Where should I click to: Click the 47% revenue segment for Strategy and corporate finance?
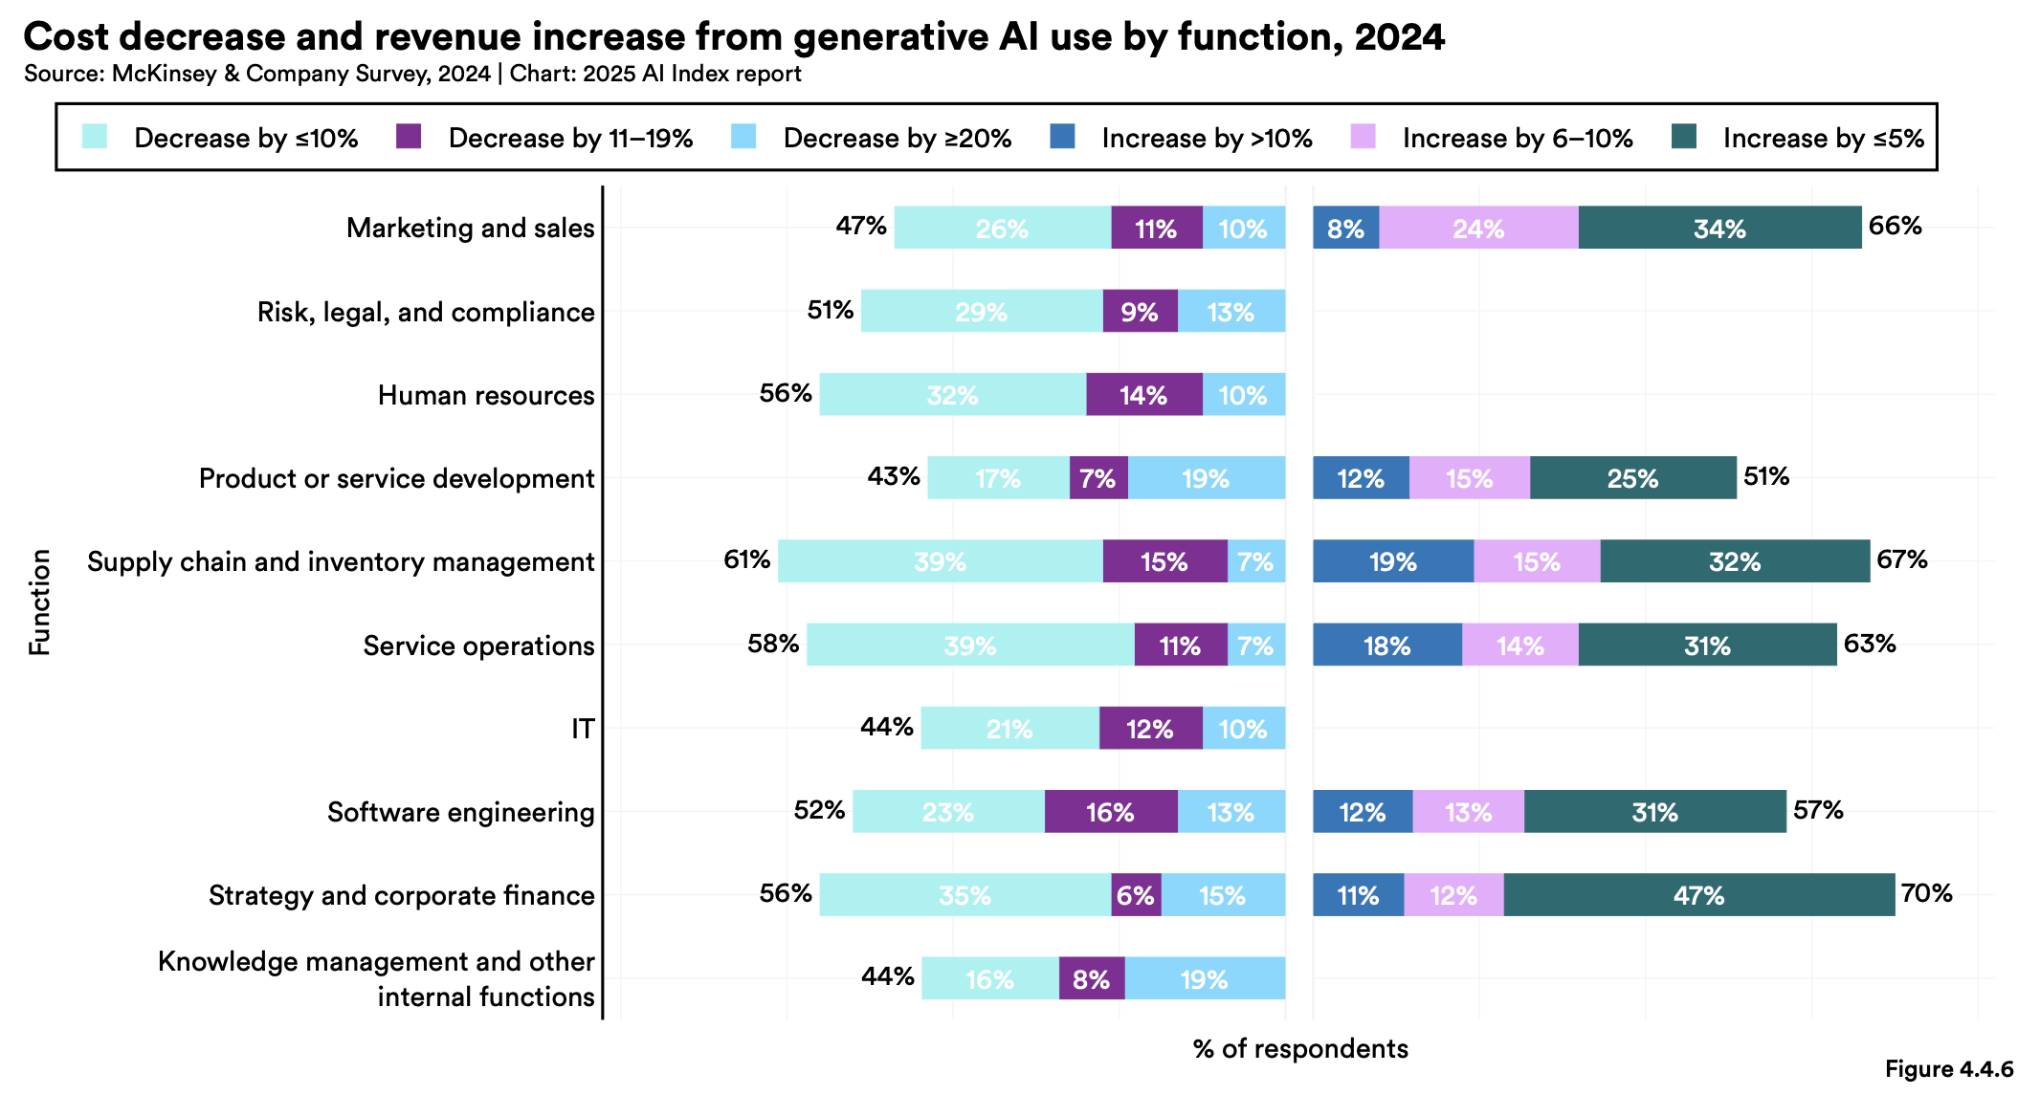(x=1698, y=895)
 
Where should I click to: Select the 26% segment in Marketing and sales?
(x=1002, y=228)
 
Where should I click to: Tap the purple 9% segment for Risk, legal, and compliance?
(x=1140, y=312)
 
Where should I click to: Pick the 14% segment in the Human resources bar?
(x=1143, y=395)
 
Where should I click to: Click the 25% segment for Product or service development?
(x=1632, y=478)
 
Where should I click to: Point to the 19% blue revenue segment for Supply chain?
(x=1392, y=561)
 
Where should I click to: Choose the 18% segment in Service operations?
(x=1386, y=646)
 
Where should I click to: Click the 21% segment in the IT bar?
(x=1009, y=729)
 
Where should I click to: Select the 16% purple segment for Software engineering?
(x=1110, y=812)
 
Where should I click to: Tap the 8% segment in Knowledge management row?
(x=1091, y=978)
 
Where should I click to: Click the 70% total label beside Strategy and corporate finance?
(x=1926, y=893)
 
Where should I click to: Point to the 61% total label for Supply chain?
(x=746, y=559)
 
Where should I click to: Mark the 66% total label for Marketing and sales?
(x=1895, y=226)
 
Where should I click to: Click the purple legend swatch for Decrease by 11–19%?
(x=409, y=138)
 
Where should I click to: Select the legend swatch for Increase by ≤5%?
(x=1684, y=138)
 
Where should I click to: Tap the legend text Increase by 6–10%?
(x=1517, y=139)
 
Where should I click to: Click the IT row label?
(x=583, y=729)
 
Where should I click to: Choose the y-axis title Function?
(x=39, y=602)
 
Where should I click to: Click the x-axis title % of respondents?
(x=1300, y=1048)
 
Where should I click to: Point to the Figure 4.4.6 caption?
(x=1948, y=1069)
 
